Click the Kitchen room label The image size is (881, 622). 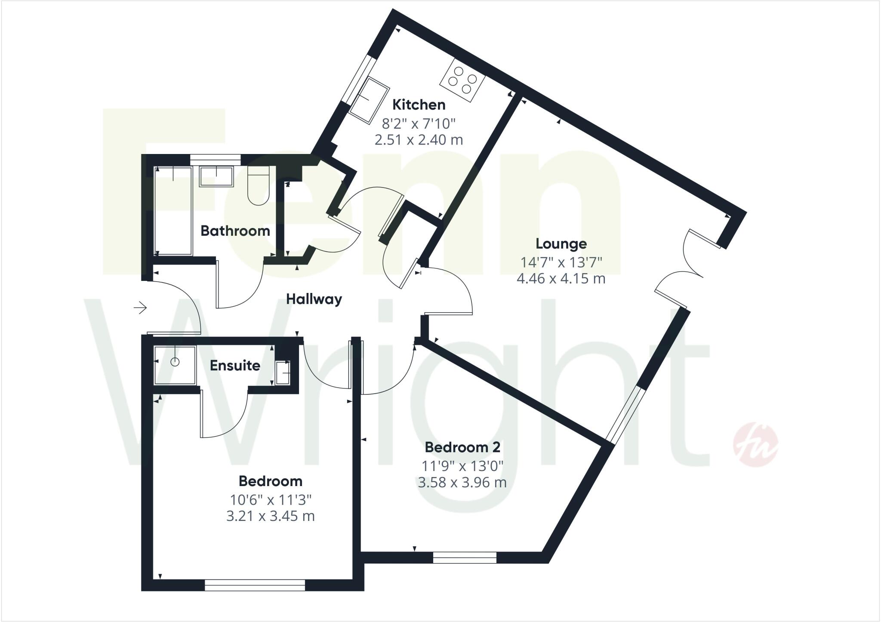[x=419, y=105]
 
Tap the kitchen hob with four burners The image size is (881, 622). [x=462, y=80]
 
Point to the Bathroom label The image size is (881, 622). [x=235, y=231]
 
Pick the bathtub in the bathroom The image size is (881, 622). [x=173, y=211]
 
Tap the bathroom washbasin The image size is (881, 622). [x=216, y=177]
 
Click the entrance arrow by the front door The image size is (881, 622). [x=140, y=308]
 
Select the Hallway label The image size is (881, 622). [x=314, y=299]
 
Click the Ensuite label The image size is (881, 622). [x=235, y=366]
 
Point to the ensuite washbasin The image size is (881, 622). [x=283, y=373]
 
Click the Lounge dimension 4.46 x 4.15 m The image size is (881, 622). [x=561, y=279]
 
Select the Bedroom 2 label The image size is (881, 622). [x=462, y=447]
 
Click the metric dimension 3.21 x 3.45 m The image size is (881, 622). [x=271, y=516]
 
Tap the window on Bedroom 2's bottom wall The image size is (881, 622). [x=465, y=557]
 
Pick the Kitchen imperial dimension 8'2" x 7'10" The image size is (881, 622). [x=419, y=124]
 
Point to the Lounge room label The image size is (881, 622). [x=561, y=244]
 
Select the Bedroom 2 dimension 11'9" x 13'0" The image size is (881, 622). [x=462, y=465]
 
